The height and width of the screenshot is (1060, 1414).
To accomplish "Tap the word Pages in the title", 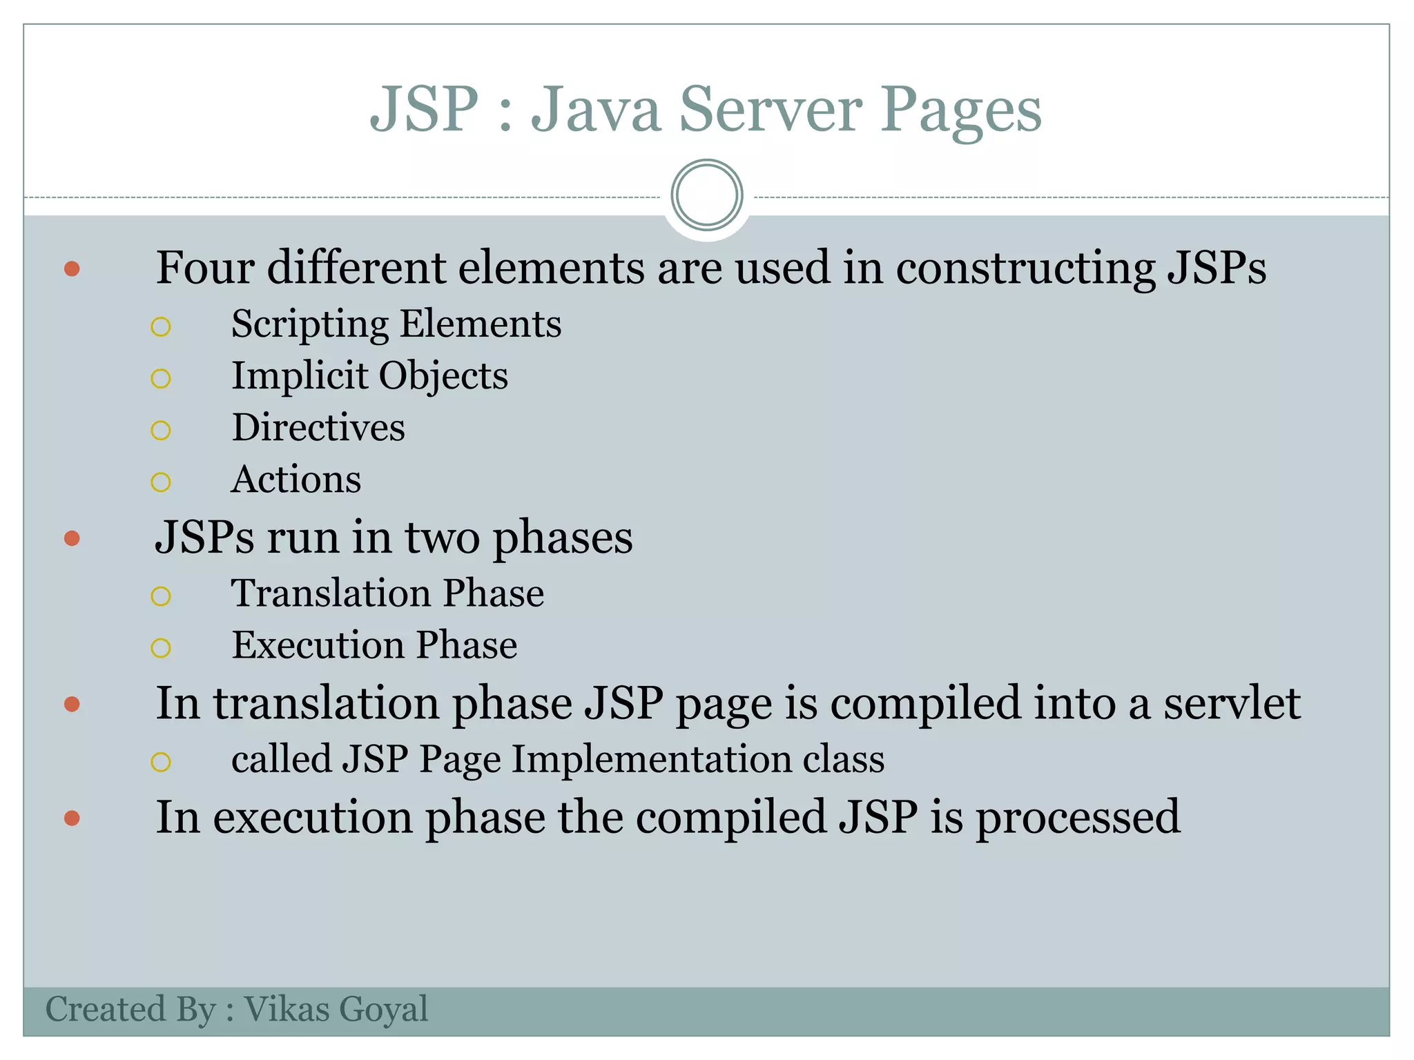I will coord(960,110).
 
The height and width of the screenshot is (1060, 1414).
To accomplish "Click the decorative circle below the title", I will coord(706,195).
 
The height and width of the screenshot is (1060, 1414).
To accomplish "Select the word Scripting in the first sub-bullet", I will coord(310,324).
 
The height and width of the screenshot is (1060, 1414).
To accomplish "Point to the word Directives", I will coord(318,428).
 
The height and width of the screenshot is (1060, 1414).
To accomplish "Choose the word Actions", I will coord(296,480).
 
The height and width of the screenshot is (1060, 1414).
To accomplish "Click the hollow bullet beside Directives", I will coord(161,431).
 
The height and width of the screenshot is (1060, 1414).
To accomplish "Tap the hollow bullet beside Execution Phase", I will coord(161,648).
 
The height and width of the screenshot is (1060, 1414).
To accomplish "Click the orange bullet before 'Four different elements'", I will coord(72,268).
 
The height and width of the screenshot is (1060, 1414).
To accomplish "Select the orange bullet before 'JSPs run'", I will coord(72,538).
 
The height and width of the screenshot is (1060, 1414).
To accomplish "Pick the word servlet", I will coord(1232,704).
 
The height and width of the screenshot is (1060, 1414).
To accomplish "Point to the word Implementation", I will coord(651,760).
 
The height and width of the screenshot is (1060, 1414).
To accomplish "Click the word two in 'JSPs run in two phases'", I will coord(442,538).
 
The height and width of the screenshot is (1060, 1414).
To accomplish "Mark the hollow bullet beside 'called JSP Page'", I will coord(161,762).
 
